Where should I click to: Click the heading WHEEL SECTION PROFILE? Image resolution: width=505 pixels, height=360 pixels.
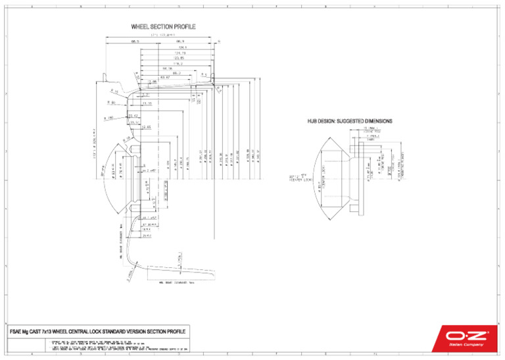tap(163, 26)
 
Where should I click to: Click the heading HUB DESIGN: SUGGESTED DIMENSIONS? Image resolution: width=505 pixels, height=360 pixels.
tap(350, 121)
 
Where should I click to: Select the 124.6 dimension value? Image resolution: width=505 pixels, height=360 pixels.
tap(182, 47)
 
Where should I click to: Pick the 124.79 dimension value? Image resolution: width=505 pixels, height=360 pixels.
tap(180, 53)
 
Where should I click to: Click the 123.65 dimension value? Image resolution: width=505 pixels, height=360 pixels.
tap(178, 58)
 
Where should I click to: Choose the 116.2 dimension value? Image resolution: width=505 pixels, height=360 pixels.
tap(176, 63)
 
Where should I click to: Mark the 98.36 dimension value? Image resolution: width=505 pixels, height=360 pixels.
tap(167, 68)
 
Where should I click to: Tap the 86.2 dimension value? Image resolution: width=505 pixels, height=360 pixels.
tap(176, 73)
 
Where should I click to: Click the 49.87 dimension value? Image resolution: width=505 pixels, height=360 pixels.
tap(165, 77)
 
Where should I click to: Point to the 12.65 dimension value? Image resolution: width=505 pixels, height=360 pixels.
tap(146, 126)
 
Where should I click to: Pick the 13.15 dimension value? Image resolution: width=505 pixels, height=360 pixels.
tap(147, 103)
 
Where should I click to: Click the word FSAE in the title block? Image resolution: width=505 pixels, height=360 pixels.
tap(18, 330)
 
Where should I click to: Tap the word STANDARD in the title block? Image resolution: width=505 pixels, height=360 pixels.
tap(126, 330)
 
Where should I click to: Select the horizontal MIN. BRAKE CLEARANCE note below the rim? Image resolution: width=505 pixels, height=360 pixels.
tap(174, 283)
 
